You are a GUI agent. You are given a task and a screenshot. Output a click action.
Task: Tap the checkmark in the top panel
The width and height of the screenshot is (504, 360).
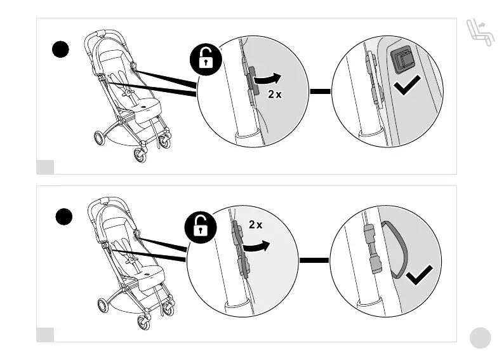click(x=406, y=85)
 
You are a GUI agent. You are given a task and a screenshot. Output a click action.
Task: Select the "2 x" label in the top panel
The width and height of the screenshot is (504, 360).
click(x=274, y=95)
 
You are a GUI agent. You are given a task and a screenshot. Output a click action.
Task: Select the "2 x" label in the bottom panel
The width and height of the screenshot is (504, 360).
click(x=255, y=225)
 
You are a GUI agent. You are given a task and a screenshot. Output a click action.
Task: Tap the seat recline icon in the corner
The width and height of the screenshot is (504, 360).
click(x=479, y=32)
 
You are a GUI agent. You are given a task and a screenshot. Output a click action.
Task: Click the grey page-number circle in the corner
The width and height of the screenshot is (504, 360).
click(x=481, y=337)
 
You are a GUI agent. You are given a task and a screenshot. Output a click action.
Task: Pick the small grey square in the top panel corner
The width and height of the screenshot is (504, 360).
click(x=45, y=167)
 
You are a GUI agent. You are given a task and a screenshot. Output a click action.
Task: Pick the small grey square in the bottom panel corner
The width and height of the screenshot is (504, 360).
click(x=45, y=334)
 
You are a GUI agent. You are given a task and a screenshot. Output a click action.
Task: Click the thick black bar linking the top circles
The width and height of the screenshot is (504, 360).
click(x=321, y=91)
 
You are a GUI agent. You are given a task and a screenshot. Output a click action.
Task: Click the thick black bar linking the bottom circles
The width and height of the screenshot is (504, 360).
click(x=314, y=260)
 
